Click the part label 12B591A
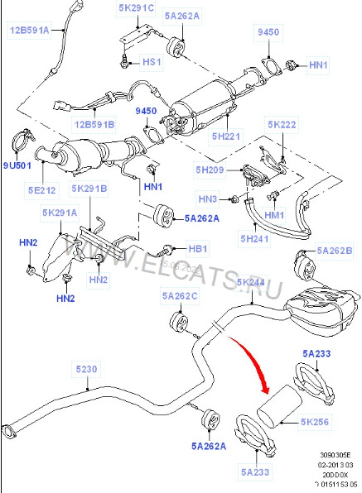[31, 31]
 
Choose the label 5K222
[282, 124]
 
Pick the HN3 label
[208, 199]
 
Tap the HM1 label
[273, 215]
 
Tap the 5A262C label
[181, 295]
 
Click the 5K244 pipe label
[252, 283]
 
